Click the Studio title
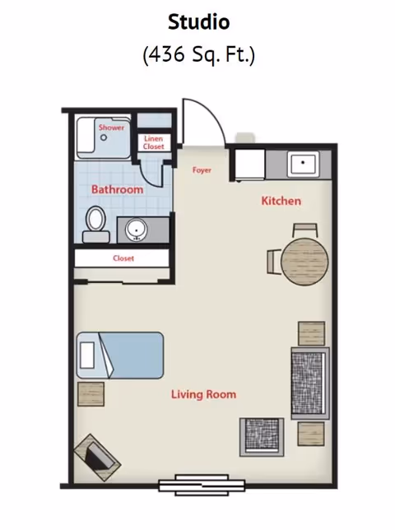coord(199,22)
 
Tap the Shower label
coord(111,128)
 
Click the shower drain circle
coord(104,137)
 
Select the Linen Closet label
coord(153,142)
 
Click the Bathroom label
coord(117,189)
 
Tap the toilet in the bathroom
coord(95,225)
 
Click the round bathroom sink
coord(136,230)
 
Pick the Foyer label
coord(202,170)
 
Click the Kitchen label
coord(281,201)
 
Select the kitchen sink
coord(303,165)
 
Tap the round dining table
coord(304,262)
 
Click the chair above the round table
coord(305,230)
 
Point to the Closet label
coord(123,258)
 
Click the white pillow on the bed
coord(87,356)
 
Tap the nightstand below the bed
coord(91,394)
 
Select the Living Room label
coord(203,394)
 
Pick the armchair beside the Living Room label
coord(262,437)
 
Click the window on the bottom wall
coord(202,486)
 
